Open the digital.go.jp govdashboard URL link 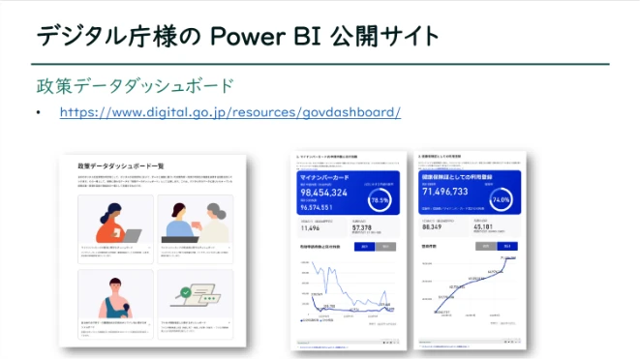coord(229,112)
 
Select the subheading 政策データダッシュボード coord(136,85)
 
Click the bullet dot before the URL coord(39,113)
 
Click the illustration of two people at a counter coord(195,223)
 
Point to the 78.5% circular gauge coord(381,199)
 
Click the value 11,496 coord(312,229)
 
